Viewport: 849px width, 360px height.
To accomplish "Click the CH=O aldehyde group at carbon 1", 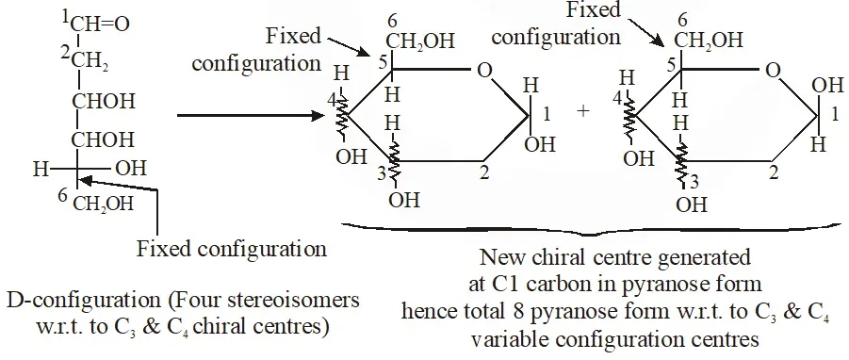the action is (100, 25).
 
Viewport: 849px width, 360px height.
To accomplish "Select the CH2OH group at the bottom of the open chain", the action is (103, 205).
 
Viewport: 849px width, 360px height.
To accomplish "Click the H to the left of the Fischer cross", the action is (41, 170).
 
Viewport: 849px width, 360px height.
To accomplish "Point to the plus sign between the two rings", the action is (583, 111).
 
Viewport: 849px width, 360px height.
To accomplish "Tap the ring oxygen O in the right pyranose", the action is (775, 71).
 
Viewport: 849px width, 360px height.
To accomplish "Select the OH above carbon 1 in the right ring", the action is (828, 86).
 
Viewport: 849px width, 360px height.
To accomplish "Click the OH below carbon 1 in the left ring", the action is (540, 144).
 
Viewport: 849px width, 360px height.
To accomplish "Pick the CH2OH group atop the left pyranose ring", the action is (420, 41).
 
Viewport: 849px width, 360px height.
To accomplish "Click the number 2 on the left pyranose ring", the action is (484, 173).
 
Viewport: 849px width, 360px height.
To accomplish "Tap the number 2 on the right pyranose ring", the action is (775, 173).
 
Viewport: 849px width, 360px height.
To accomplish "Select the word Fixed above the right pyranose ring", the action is (594, 9).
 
